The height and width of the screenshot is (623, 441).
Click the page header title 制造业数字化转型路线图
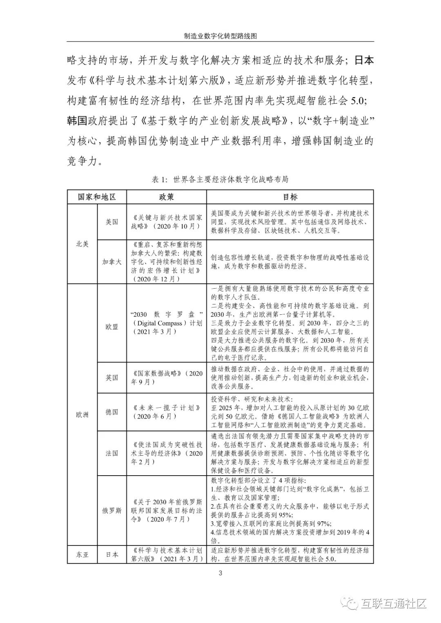point(220,36)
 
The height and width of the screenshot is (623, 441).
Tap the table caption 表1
point(220,179)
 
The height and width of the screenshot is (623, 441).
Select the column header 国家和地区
point(97,197)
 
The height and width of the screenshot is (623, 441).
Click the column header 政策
point(166,197)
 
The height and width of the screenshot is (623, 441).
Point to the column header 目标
point(290,197)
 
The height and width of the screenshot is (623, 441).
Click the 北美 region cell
point(82,244)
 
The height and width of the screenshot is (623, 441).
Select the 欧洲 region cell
point(82,415)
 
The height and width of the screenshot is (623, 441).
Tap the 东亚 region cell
point(82,555)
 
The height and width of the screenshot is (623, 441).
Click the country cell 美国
point(111,222)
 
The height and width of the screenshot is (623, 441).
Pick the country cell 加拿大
point(111,262)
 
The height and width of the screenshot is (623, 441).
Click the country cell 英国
point(111,378)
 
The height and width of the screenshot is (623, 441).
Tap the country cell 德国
point(111,412)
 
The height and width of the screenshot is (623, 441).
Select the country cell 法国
point(111,453)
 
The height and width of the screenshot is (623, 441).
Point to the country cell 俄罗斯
point(111,510)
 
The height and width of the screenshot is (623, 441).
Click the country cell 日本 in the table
point(111,555)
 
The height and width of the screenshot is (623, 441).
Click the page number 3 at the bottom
point(220,573)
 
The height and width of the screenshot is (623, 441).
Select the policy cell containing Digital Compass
point(166,323)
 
